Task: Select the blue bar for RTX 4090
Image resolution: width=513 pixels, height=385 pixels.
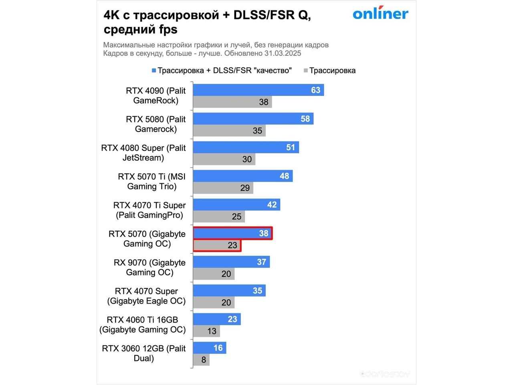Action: click(258, 90)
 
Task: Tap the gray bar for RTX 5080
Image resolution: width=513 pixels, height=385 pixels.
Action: click(229, 131)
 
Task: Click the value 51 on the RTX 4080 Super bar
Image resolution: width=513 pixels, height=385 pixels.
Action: click(291, 148)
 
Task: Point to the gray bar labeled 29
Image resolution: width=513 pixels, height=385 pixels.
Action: click(223, 188)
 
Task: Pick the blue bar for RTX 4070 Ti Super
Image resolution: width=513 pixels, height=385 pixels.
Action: click(236, 205)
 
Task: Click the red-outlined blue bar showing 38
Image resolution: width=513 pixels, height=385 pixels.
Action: click(232, 233)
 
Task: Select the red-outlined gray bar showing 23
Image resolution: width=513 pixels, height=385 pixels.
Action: click(217, 245)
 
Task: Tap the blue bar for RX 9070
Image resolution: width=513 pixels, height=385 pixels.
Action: click(231, 262)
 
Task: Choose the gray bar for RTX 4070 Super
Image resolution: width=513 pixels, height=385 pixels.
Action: click(214, 302)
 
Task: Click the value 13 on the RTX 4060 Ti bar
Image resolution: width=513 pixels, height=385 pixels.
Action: click(212, 331)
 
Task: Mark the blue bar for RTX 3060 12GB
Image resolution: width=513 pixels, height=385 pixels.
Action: click(209, 348)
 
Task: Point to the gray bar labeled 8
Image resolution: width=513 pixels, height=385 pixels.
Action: click(201, 360)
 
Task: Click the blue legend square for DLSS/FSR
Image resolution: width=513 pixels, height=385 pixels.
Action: click(153, 71)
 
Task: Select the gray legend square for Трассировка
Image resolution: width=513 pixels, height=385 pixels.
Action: click(306, 71)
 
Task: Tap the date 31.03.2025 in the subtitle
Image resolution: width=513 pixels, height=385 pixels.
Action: click(283, 53)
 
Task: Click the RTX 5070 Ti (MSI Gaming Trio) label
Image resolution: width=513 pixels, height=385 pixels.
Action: click(151, 181)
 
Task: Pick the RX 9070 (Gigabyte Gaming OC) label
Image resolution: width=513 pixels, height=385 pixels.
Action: click(149, 267)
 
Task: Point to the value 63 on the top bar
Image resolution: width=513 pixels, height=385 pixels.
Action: click(316, 90)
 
